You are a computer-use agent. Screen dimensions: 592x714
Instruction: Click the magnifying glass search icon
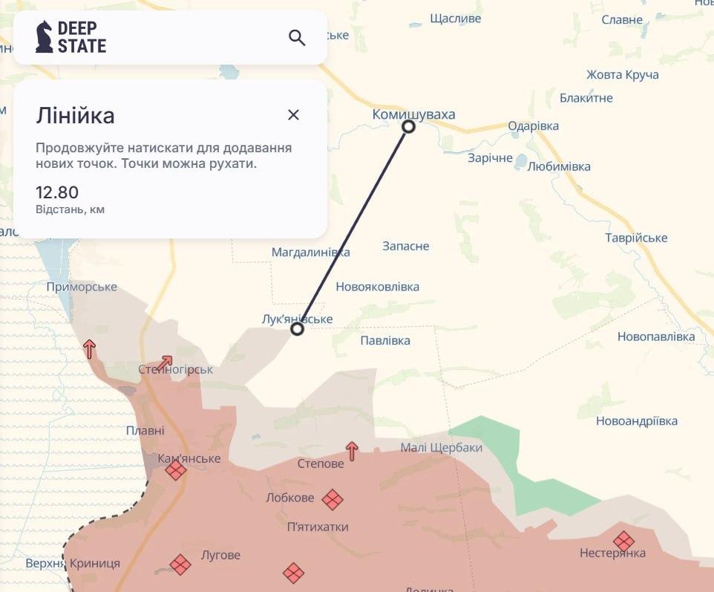[x=297, y=38]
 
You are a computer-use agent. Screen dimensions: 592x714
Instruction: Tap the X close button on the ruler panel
[x=293, y=114]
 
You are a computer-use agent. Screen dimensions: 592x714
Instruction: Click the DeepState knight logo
[x=45, y=37]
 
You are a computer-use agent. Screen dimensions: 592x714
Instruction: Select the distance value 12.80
[x=57, y=192]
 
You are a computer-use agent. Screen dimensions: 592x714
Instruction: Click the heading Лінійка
[x=75, y=115]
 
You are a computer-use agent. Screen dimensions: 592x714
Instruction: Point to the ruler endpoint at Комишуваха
[x=408, y=126]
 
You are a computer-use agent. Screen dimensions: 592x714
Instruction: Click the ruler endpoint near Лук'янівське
[x=297, y=328]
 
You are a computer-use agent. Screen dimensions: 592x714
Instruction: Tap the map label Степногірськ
[x=175, y=369]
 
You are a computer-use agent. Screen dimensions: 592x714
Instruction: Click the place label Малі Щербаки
[x=441, y=447]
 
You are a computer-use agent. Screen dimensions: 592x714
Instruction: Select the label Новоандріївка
[x=637, y=421]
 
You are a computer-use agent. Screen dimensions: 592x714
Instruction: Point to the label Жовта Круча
[x=622, y=74]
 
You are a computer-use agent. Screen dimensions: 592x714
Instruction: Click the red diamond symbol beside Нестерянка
[x=623, y=541]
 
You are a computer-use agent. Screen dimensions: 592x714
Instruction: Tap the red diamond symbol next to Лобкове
[x=333, y=499]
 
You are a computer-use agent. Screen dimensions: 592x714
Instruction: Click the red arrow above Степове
[x=352, y=450]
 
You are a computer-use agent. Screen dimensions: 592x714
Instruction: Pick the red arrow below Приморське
[x=90, y=348]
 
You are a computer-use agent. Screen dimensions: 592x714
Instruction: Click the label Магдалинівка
[x=310, y=253]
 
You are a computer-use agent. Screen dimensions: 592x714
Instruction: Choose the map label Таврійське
[x=636, y=238]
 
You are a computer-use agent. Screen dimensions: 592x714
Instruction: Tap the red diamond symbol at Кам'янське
[x=175, y=470]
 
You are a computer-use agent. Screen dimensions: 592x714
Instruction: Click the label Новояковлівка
[x=377, y=287]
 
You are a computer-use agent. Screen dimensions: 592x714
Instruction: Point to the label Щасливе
[x=456, y=19]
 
